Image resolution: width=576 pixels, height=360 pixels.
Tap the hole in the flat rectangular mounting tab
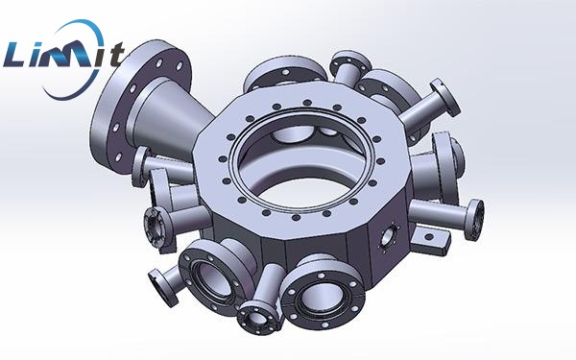point(429,237)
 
